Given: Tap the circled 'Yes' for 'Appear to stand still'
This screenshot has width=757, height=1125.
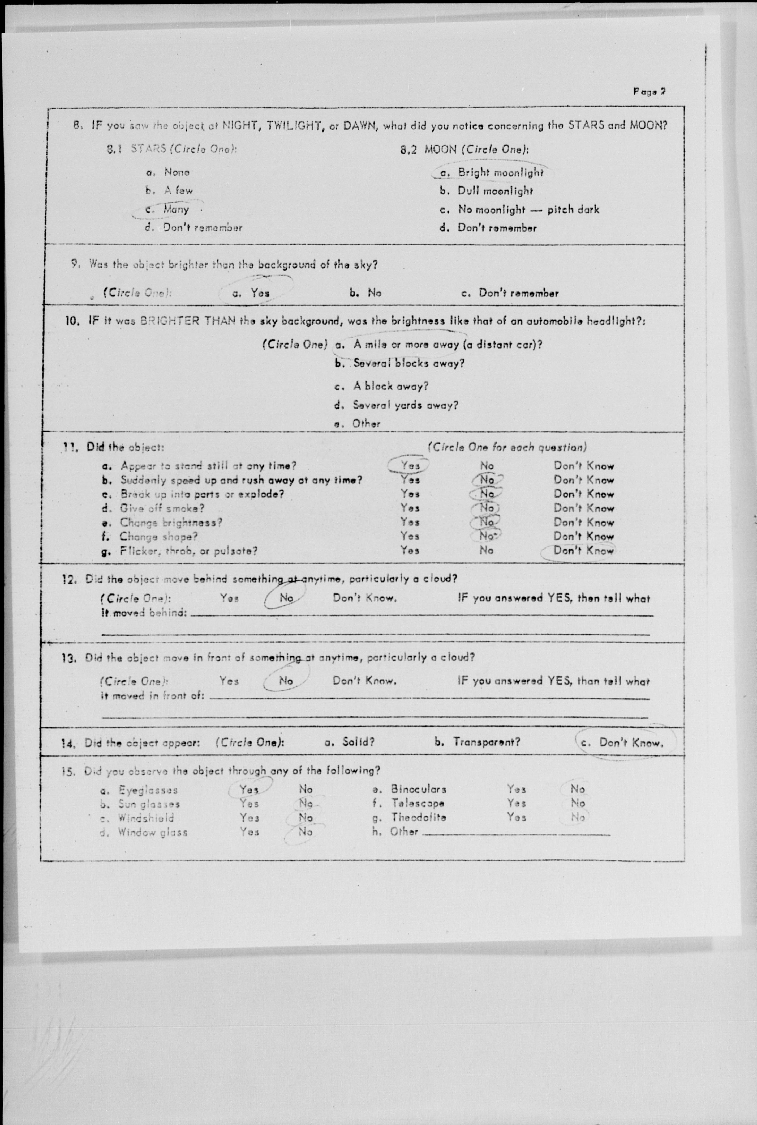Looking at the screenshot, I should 410,466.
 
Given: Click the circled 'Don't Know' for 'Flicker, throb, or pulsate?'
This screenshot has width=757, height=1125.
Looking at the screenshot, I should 583,551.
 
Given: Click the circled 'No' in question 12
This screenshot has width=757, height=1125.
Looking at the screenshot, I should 286,598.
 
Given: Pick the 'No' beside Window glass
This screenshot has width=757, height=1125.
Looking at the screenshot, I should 305,832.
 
